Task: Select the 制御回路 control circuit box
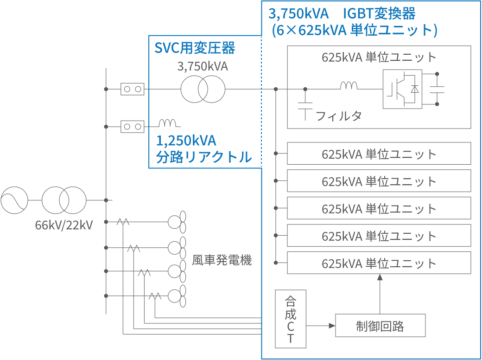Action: (380, 326)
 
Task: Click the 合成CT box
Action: (291, 319)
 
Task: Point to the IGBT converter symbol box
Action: (402, 89)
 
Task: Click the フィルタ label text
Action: (338, 116)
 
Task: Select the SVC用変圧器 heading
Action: (195, 48)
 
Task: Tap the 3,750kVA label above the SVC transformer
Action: (203, 66)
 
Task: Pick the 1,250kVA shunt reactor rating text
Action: (186, 141)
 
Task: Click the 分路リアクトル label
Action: (203, 157)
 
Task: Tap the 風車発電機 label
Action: (222, 260)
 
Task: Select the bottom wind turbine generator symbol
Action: (178, 296)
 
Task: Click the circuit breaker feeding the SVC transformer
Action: (132, 89)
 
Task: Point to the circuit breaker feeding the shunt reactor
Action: (132, 126)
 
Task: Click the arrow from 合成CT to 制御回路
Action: (321, 326)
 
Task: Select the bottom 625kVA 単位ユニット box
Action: (379, 263)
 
